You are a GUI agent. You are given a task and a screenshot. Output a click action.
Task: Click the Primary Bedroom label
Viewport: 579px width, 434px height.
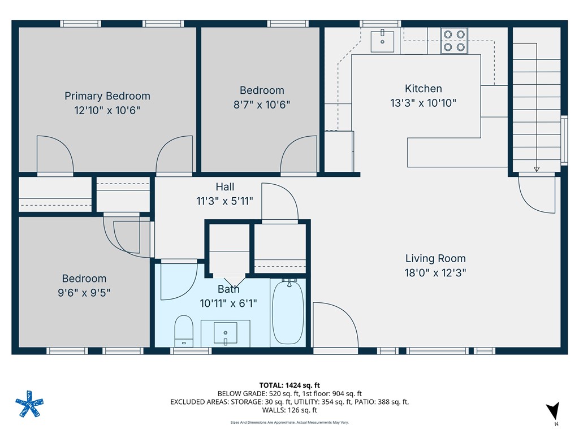(107, 96)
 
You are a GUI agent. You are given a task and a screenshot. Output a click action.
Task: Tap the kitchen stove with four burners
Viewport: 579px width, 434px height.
(455, 41)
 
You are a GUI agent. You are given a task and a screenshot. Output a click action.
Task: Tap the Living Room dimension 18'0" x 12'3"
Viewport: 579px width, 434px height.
(435, 272)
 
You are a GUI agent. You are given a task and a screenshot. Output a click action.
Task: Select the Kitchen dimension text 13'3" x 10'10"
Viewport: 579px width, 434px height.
(424, 103)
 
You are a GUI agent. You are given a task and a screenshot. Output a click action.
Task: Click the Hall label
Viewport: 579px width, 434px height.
(224, 187)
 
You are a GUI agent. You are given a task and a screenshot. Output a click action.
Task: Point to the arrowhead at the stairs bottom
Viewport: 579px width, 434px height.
(536, 168)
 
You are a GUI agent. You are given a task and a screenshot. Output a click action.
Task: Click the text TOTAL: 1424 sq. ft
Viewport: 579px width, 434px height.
(289, 385)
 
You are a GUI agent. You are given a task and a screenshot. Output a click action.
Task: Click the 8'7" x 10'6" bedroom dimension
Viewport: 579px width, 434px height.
(262, 104)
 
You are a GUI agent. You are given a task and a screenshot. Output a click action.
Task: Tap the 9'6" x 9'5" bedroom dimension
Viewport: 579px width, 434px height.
(84, 292)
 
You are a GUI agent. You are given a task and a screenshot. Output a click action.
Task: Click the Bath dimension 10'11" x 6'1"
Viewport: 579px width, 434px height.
(228, 303)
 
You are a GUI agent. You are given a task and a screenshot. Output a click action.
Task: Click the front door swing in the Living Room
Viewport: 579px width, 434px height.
(335, 325)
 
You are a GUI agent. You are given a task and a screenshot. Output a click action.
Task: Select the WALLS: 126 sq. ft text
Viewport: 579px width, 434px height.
(289, 410)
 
